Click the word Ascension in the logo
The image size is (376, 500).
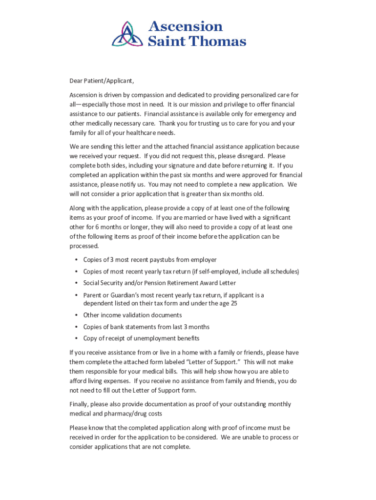pyautogui.click(x=186, y=26)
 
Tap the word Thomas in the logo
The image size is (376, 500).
pyautogui.click(x=217, y=42)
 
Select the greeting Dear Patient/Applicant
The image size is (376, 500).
pyautogui.click(x=102, y=81)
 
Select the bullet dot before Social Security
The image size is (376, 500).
pyautogui.click(x=76, y=283)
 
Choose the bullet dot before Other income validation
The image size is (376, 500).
pyautogui.click(x=76, y=315)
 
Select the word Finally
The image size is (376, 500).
pyautogui.click(x=81, y=404)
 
